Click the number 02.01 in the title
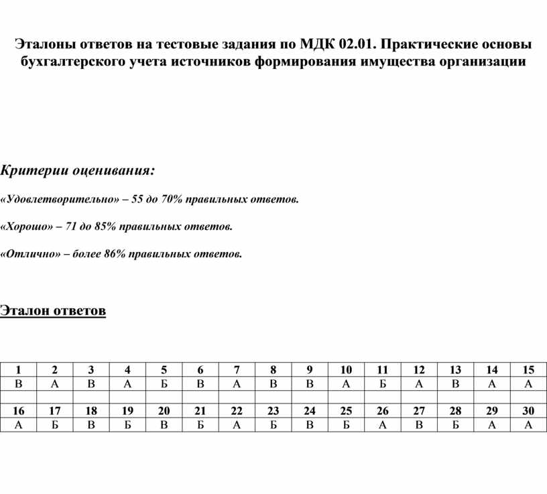[357, 45]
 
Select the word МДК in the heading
[316, 45]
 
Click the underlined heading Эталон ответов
[53, 310]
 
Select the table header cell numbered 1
[19, 370]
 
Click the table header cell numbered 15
[528, 370]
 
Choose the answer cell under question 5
[164, 383]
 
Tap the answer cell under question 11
[383, 383]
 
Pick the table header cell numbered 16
[19, 411]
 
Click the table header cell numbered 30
[528, 411]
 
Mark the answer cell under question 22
[237, 424]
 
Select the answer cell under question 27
[419, 424]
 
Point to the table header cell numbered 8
[273, 370]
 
